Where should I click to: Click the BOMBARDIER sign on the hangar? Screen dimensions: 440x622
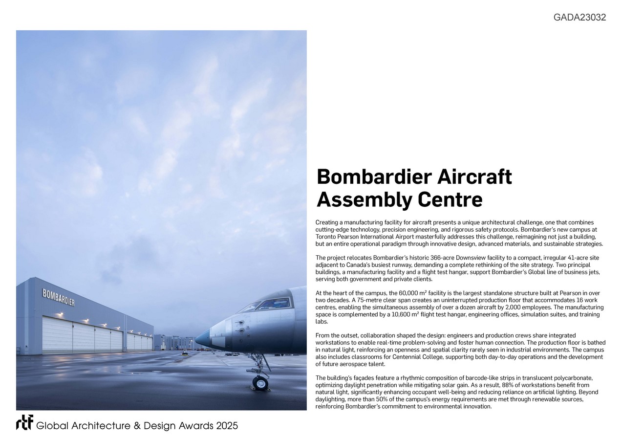(58, 297)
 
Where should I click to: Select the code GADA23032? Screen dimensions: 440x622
(579, 18)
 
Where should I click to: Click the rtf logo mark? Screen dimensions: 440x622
(24, 422)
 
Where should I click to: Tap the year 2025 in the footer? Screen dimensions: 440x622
(227, 426)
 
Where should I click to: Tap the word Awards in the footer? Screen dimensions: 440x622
(189, 426)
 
